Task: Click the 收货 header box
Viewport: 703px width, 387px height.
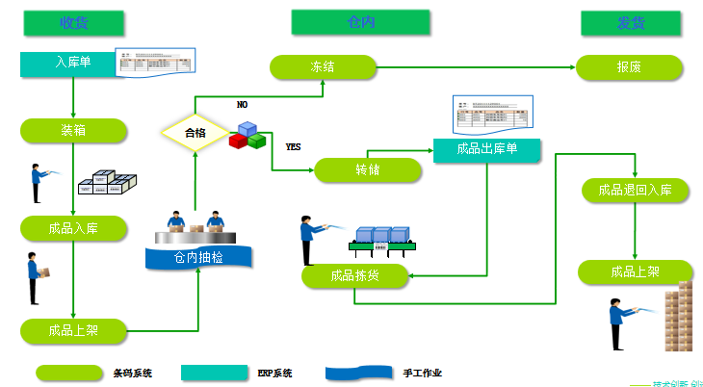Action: pyautogui.click(x=73, y=23)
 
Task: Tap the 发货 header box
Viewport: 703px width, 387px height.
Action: pyautogui.click(x=631, y=23)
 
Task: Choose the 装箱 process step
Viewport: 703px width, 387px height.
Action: pyautogui.click(x=73, y=131)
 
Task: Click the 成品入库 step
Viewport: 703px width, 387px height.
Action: pyautogui.click(x=73, y=228)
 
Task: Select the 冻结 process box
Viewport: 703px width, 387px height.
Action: pyautogui.click(x=322, y=66)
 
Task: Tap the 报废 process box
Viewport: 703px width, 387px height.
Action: pyautogui.click(x=630, y=66)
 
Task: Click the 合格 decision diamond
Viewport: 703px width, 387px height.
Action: pyautogui.click(x=195, y=133)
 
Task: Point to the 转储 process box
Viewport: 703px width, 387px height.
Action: pyautogui.click(x=368, y=170)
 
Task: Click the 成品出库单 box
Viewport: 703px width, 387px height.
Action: pyautogui.click(x=486, y=149)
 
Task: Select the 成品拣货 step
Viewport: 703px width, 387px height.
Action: pyautogui.click(x=354, y=277)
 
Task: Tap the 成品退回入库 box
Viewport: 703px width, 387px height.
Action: pyautogui.click(x=635, y=191)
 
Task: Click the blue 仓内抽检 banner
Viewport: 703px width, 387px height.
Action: pyautogui.click(x=199, y=257)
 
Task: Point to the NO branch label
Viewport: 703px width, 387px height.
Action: pyautogui.click(x=242, y=104)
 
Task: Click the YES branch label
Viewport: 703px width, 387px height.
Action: pyautogui.click(x=293, y=147)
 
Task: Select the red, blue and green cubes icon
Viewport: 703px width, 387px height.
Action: pyautogui.click(x=247, y=136)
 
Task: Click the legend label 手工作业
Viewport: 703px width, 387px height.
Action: pyautogui.click(x=422, y=373)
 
